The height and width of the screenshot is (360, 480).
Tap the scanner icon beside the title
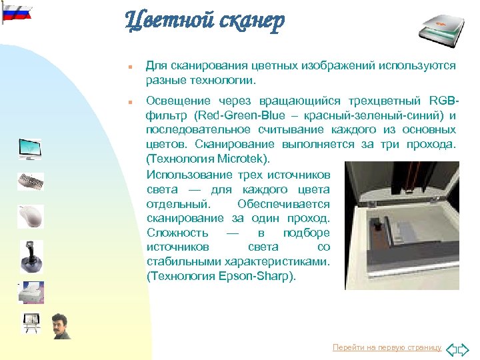(x=442, y=25)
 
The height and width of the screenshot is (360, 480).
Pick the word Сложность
(x=177, y=233)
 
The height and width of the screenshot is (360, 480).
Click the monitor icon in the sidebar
(x=30, y=148)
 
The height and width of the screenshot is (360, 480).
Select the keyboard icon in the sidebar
(x=31, y=181)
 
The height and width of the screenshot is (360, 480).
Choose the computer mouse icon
(x=30, y=216)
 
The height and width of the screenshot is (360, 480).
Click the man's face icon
(x=61, y=326)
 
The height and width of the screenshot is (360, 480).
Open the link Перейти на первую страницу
(x=387, y=348)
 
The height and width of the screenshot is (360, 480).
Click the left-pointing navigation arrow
(x=452, y=348)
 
